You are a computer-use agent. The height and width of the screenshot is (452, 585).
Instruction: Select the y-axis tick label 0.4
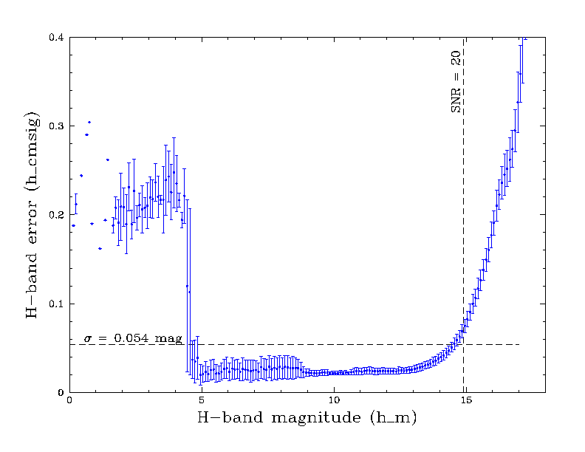55,37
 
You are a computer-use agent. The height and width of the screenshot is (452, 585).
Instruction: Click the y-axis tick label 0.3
55,126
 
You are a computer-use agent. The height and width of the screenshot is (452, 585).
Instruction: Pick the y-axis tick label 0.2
55,215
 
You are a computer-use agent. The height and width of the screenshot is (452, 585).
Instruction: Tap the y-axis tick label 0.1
55,304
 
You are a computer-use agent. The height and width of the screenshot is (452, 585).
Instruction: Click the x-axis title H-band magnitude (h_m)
307,419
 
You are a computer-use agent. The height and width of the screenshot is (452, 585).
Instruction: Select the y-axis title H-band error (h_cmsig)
32,215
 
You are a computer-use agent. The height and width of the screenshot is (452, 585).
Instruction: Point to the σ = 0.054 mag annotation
132,338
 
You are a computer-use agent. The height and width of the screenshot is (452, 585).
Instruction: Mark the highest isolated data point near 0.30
89,122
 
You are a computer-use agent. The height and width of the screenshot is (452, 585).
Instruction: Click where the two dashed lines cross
464,344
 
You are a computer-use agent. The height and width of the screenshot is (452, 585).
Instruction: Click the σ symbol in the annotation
86,339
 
